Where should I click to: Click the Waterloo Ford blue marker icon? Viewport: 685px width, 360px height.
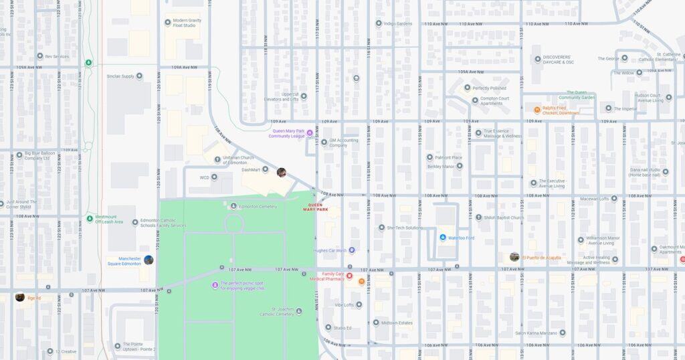442,238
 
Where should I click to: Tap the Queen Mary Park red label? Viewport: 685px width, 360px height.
315,207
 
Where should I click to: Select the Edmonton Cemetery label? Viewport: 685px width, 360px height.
258,206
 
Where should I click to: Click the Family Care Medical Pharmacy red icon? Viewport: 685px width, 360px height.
349,276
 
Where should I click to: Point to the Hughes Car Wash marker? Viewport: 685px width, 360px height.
352,250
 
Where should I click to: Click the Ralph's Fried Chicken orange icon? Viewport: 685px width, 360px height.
536,110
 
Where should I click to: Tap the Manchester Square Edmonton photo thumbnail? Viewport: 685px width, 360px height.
149,260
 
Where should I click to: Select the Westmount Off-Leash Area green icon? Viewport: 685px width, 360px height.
89,217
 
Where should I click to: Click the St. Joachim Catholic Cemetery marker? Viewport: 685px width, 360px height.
298,310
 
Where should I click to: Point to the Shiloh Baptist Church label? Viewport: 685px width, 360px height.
504,217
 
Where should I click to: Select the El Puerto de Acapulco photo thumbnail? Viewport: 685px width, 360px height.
514,257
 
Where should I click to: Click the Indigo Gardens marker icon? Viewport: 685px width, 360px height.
378,23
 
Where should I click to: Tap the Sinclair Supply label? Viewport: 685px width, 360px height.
120,76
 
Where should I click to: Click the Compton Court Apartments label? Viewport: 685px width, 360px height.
495,100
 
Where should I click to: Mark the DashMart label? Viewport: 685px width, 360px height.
250,169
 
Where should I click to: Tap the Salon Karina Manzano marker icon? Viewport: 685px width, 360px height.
562,333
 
